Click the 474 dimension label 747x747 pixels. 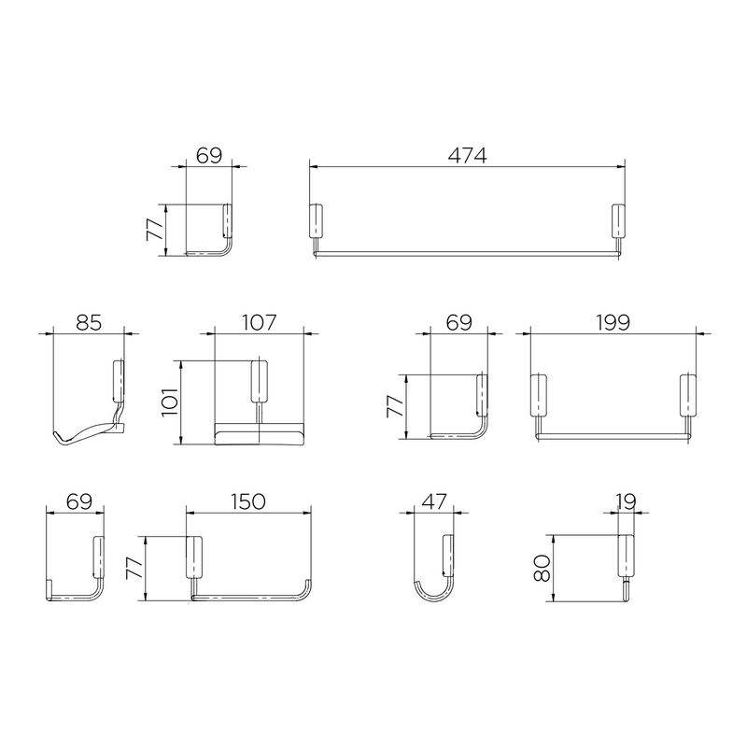467,155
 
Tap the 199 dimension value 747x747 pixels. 613,322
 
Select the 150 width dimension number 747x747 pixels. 248,501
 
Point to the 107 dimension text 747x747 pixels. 260,322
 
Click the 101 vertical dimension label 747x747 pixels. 170,402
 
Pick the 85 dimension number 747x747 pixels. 89,322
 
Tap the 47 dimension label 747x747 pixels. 434,501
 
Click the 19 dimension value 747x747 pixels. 626,501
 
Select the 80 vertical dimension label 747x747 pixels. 543,568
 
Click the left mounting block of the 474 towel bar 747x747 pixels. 316,220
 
